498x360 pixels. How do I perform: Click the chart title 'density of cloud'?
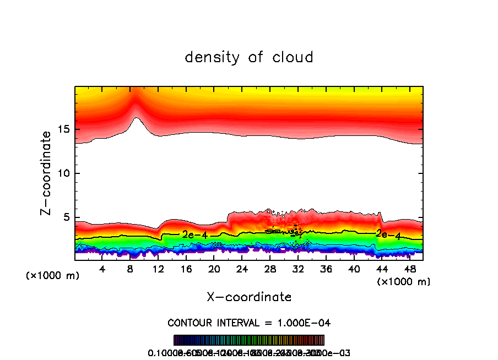pos(249,57)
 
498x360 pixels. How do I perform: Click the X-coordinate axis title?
pos(249,297)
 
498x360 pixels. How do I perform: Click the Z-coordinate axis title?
pos(46,173)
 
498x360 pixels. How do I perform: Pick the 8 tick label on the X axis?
pos(131,269)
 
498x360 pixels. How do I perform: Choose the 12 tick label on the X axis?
pos(159,269)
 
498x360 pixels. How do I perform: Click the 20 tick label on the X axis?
pos(214,269)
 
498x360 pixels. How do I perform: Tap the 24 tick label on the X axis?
pos(242,269)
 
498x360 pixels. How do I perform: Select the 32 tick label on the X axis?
pos(298,269)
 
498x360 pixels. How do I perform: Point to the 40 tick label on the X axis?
pos(354,269)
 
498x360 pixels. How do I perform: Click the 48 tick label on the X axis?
pos(409,269)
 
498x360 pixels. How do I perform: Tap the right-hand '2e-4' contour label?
pos(388,234)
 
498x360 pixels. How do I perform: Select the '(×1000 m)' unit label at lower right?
pos(404,282)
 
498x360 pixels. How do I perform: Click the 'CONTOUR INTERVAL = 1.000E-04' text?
pos(249,323)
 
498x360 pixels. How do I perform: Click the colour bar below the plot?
pos(249,340)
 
